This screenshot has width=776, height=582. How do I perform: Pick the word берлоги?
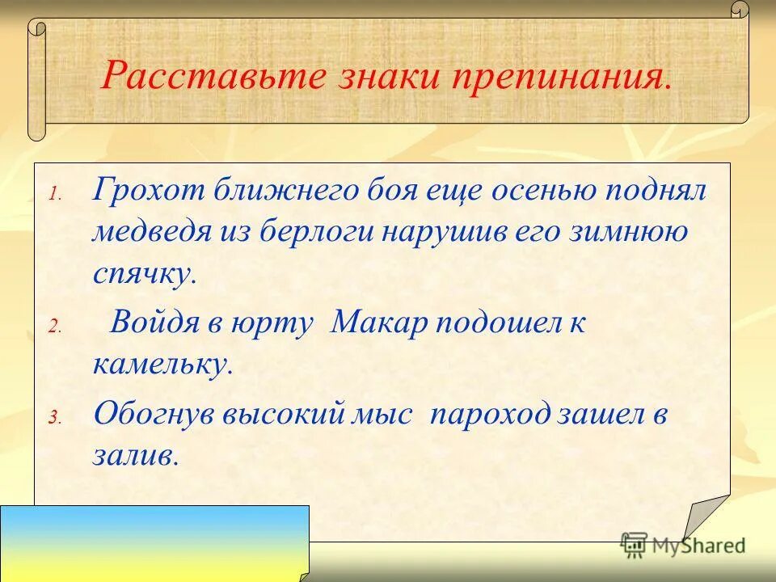coord(321,233)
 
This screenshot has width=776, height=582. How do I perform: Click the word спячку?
coord(143,274)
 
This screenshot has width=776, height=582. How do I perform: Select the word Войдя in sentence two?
coord(150,323)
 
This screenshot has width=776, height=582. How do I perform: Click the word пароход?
coord(492,415)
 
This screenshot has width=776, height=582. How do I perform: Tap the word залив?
coord(134,456)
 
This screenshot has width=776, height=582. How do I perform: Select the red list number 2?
coord(53,327)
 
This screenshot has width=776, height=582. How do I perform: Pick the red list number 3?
coord(53,418)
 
